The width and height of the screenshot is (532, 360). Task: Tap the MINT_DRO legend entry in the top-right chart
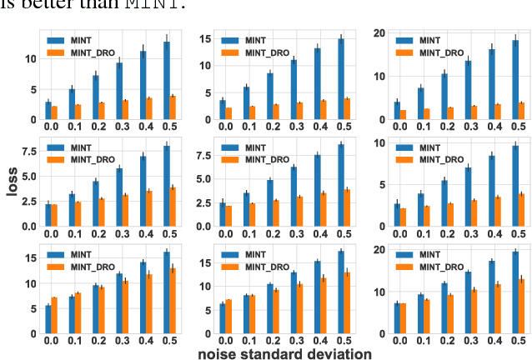[x=441, y=52]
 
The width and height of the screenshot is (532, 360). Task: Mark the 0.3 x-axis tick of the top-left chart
[x=122, y=127]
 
